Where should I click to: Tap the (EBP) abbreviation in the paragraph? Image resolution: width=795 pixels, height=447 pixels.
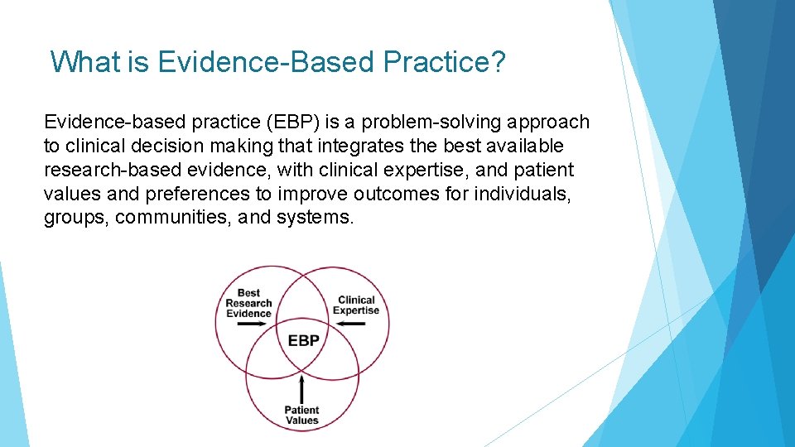coord(292,123)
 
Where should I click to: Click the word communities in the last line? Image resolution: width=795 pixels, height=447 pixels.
coord(174,219)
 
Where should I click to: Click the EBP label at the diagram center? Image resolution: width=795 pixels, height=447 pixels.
coord(303,340)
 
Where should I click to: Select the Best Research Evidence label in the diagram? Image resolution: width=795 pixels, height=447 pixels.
coord(248,303)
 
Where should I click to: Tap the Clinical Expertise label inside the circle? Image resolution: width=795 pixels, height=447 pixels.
coord(356,305)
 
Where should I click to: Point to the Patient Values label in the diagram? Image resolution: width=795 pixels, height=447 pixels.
coord(302,415)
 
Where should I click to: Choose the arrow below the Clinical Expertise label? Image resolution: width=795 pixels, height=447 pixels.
coord(350,324)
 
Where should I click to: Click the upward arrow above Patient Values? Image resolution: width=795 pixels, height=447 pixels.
coord(302,388)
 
